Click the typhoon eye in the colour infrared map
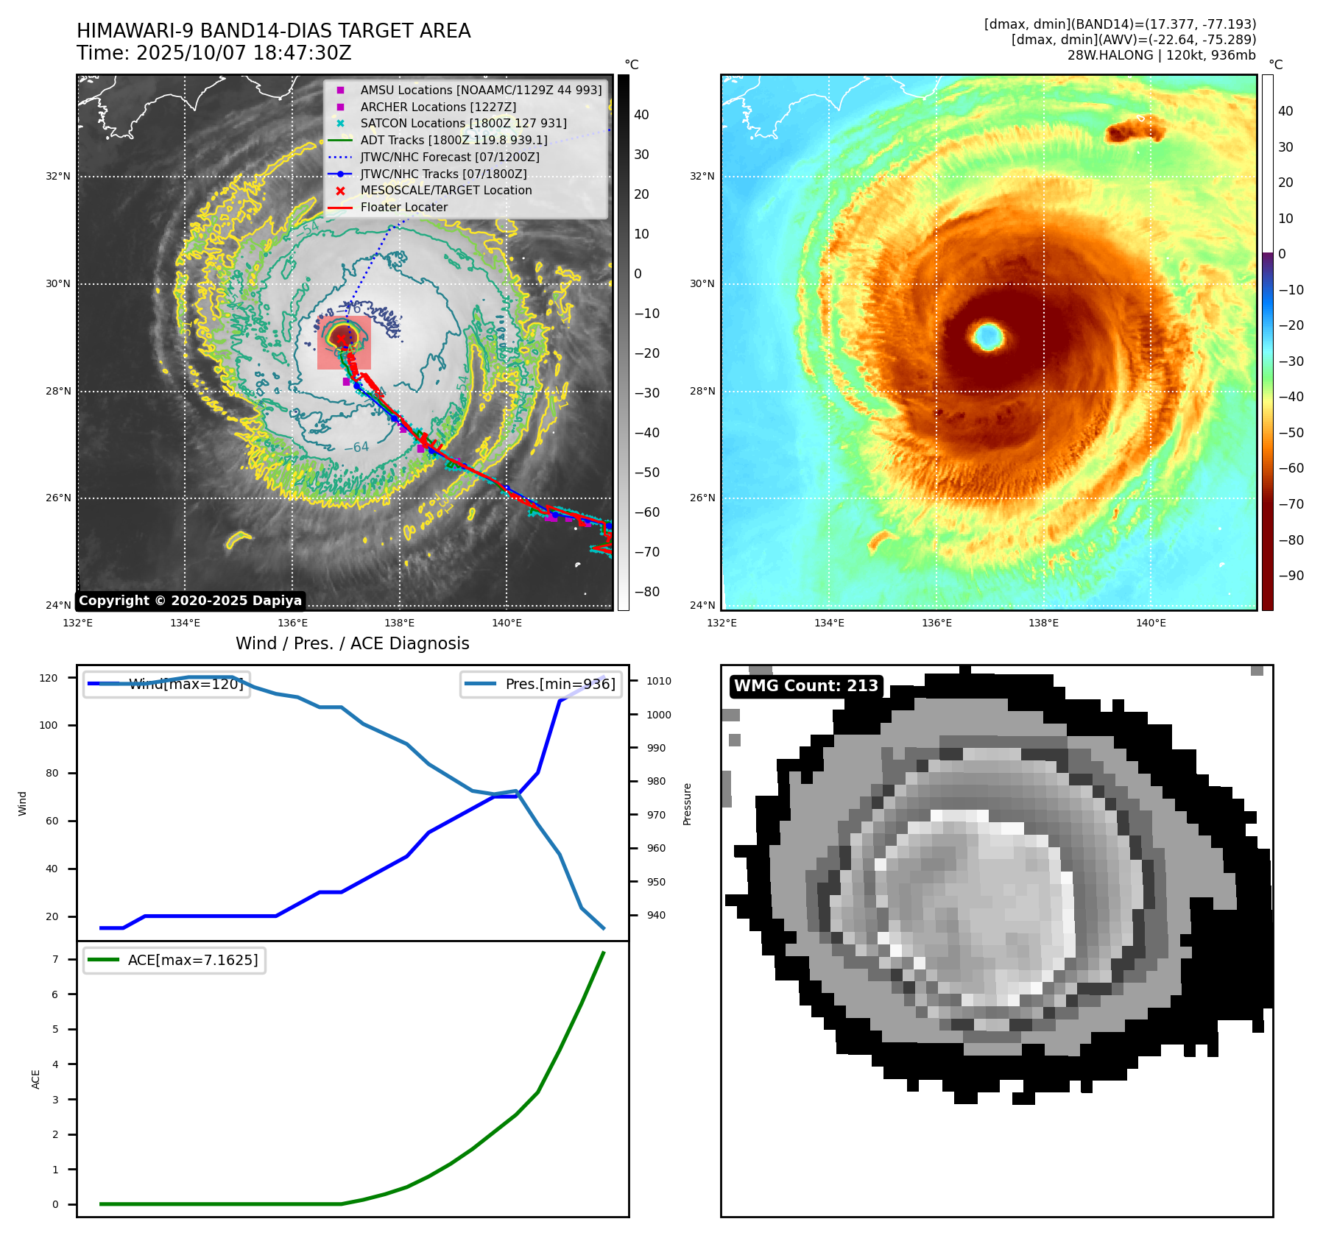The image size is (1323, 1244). pos(988,336)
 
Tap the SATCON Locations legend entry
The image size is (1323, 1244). pos(463,124)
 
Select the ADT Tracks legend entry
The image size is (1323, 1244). pos(454,140)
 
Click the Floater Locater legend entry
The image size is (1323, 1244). pos(403,208)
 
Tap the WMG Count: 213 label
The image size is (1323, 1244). pos(806,686)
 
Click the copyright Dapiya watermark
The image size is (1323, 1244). pos(190,601)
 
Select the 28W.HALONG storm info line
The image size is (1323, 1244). pos(1161,55)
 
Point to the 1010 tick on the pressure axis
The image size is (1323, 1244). pos(659,681)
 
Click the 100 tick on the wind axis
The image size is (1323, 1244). pos(49,725)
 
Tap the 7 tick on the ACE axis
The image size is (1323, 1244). pos(54,959)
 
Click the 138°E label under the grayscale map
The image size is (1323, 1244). pos(399,623)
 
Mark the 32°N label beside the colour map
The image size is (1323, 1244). pos(702,177)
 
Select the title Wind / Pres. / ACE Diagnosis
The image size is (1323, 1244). pos(352,643)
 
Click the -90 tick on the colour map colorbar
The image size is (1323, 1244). pos(1291,576)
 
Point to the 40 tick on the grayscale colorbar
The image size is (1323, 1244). pos(641,115)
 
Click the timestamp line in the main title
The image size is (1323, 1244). pos(214,54)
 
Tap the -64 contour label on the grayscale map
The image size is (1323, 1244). pos(357,447)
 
